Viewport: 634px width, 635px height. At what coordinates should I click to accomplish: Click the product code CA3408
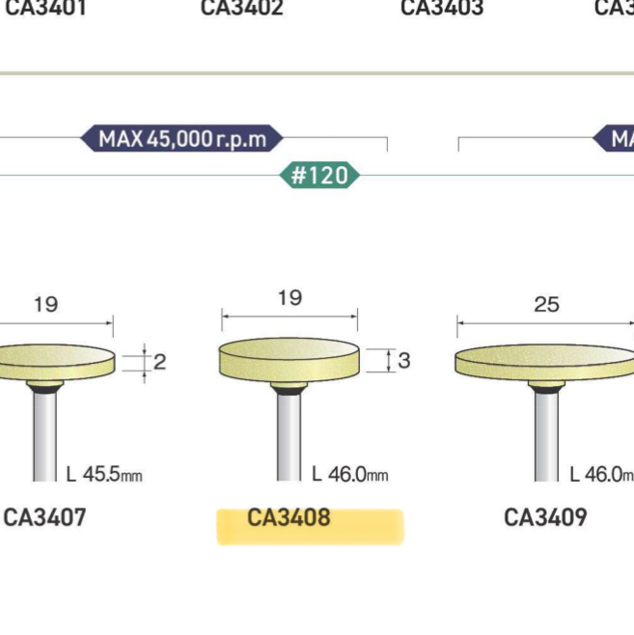(x=289, y=518)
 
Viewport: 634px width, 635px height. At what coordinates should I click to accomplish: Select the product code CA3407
(x=44, y=518)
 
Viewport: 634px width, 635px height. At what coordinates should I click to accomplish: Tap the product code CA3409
(x=545, y=518)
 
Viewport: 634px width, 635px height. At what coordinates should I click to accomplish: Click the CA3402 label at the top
(x=242, y=9)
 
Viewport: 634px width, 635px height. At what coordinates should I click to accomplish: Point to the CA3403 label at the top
(x=442, y=9)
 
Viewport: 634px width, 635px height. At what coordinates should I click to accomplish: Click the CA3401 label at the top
(x=44, y=9)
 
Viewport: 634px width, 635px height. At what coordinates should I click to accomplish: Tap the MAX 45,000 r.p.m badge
(x=181, y=139)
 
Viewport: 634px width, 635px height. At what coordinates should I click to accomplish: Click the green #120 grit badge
(x=319, y=177)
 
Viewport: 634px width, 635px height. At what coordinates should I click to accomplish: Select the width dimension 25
(x=546, y=305)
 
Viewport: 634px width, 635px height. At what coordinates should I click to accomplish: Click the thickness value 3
(x=404, y=361)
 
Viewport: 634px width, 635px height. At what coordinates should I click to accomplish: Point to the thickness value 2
(x=160, y=362)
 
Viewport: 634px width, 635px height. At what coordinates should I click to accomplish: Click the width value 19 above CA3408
(x=289, y=298)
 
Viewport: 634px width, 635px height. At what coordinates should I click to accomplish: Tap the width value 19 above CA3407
(x=45, y=305)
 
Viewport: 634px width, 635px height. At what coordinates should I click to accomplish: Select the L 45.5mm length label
(x=105, y=475)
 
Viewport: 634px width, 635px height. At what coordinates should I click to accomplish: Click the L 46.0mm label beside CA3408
(x=349, y=475)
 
